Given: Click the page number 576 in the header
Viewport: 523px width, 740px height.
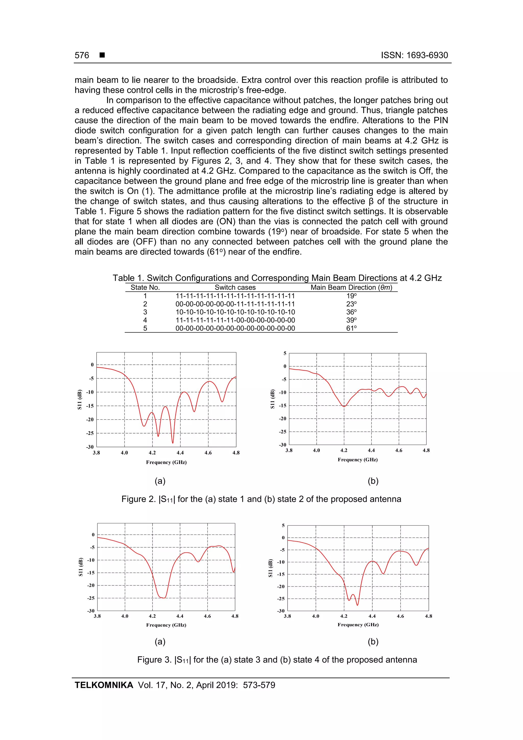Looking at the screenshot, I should click(x=82, y=55).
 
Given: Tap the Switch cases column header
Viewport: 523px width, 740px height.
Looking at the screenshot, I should click(x=235, y=287).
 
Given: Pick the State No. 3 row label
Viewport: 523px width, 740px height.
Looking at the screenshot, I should click(x=145, y=312).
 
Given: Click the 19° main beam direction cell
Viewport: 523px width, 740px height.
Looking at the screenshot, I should click(x=351, y=296).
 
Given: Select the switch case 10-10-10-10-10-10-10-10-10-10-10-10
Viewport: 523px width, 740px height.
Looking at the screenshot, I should click(x=235, y=312).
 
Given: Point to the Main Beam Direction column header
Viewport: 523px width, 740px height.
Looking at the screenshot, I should click(x=351, y=287).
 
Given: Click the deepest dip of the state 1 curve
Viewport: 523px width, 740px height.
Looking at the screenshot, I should click(x=173, y=443).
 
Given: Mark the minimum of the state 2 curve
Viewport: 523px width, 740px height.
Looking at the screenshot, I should click(x=344, y=406).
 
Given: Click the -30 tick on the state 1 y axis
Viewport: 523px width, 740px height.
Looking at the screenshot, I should click(x=90, y=447).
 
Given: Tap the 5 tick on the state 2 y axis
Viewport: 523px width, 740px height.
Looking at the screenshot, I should click(x=284, y=353).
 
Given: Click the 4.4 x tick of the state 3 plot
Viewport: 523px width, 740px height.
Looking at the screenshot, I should click(x=180, y=616).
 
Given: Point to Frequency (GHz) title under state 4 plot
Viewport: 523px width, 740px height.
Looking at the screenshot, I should click(x=358, y=624).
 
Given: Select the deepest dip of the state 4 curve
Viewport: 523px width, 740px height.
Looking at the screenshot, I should click(x=357, y=605).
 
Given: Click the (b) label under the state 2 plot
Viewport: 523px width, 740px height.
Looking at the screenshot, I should click(x=373, y=481).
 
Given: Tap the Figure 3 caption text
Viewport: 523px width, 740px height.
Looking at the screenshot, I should click(x=277, y=660).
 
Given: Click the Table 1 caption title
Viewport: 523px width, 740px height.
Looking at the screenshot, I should click(x=277, y=278).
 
